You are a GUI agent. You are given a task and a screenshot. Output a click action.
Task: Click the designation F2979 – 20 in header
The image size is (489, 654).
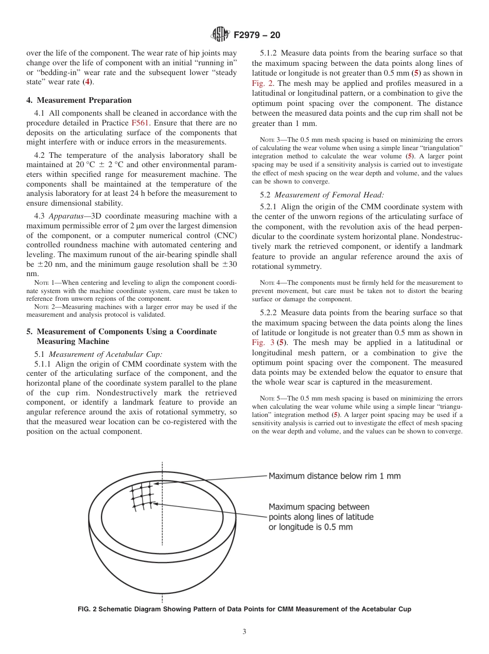pos(256,35)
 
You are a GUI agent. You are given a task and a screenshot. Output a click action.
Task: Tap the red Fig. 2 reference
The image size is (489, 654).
pos(263,83)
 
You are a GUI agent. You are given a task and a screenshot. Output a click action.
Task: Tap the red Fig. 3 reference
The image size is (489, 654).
pos(263,342)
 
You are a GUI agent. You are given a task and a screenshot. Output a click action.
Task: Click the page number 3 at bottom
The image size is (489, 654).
pos(244,632)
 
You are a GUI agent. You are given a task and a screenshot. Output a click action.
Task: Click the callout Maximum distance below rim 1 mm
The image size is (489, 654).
pos(334,476)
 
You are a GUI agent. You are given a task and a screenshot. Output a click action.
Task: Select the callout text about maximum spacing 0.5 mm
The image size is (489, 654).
pos(321,517)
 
